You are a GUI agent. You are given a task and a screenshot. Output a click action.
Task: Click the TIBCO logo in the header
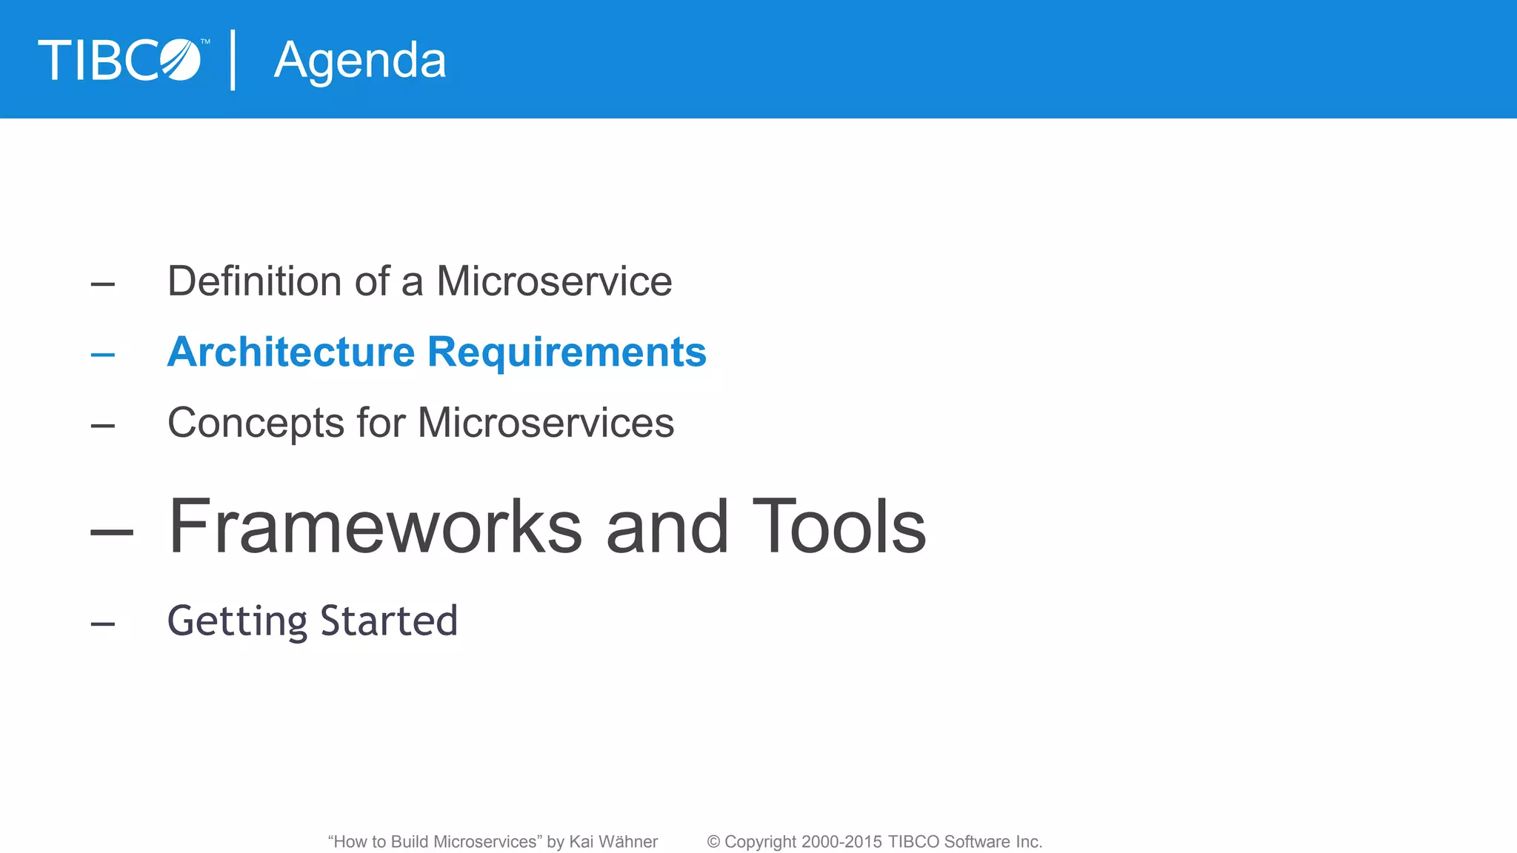click(120, 60)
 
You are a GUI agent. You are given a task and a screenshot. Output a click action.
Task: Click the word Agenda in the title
click(360, 61)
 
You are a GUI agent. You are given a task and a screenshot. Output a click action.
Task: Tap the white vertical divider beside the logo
click(233, 60)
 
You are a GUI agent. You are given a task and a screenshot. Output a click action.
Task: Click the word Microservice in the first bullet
click(554, 281)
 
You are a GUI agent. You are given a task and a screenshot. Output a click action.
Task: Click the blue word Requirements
click(567, 353)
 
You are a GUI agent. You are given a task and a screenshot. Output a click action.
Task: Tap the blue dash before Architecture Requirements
click(103, 355)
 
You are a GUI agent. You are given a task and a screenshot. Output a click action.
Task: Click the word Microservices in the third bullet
click(546, 423)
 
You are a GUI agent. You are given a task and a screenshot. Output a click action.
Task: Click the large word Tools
click(838, 526)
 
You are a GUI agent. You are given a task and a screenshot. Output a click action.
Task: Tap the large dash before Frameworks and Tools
click(112, 531)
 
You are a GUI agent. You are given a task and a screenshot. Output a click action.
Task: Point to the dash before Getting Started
click(103, 624)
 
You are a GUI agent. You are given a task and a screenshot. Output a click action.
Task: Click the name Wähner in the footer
click(628, 842)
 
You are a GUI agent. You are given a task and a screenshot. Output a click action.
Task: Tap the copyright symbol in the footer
click(713, 842)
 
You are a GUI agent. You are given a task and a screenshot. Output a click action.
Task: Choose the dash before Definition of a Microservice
click(103, 284)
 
